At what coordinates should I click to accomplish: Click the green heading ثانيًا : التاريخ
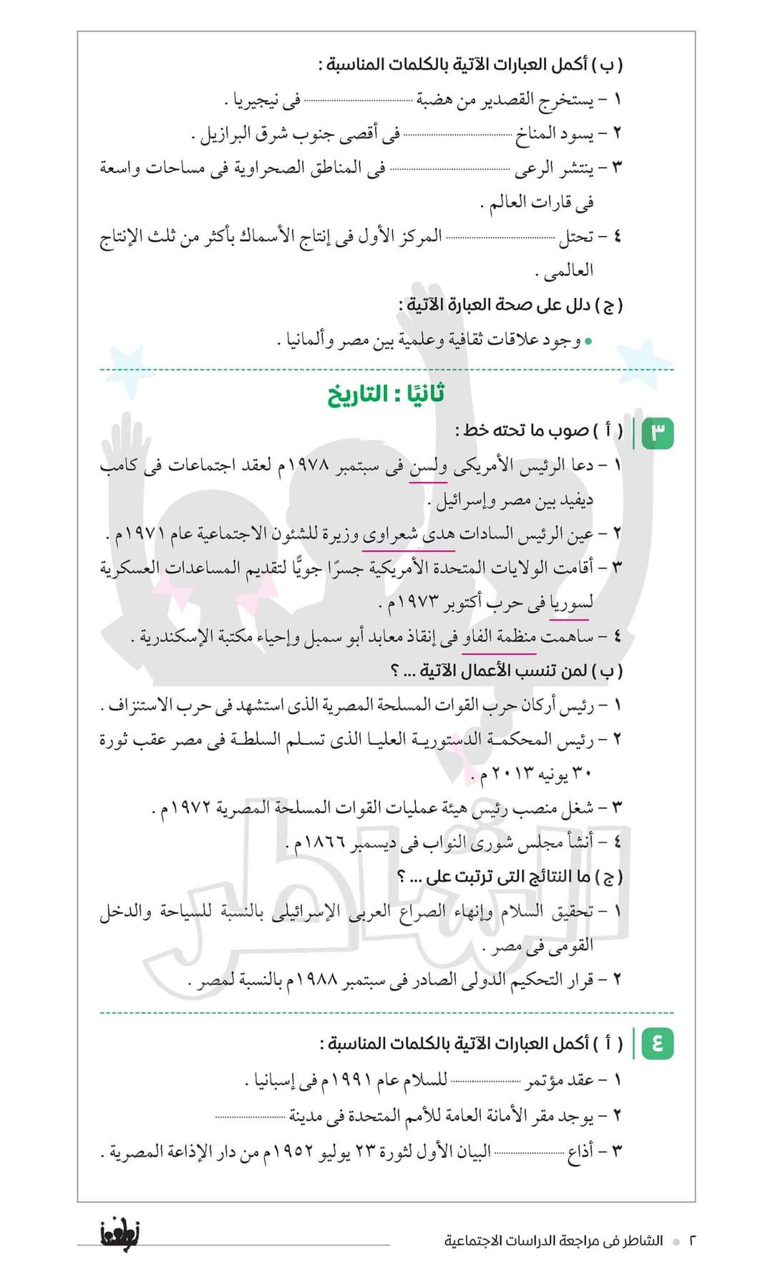[386, 395]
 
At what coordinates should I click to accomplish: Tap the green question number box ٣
[658, 433]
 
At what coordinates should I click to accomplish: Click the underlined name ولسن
[428, 466]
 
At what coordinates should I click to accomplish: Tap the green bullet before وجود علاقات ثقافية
[588, 342]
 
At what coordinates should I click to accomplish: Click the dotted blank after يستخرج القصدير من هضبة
[359, 101]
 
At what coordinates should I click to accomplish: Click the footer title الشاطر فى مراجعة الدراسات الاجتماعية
[553, 1240]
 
